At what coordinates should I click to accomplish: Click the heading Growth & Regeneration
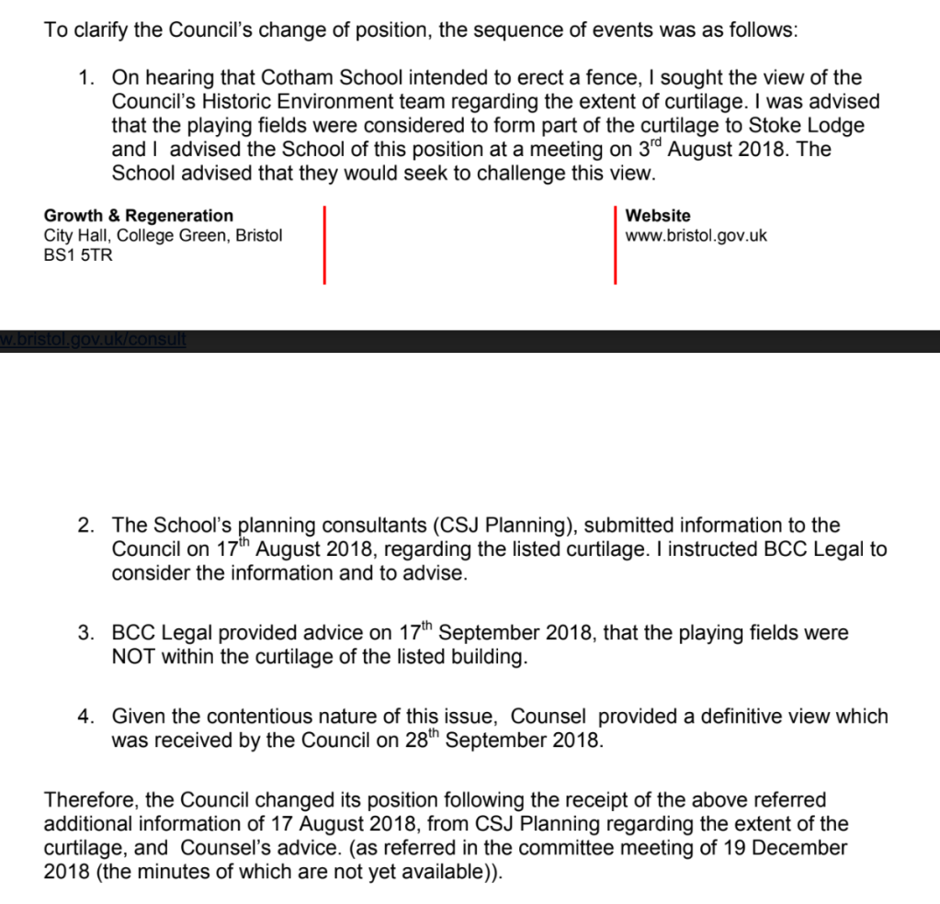(139, 216)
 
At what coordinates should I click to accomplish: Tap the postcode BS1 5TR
(78, 255)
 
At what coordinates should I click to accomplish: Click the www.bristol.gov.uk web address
(696, 235)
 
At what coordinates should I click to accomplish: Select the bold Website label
(658, 216)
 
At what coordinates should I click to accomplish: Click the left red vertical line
(324, 244)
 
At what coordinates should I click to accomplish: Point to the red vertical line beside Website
(615, 244)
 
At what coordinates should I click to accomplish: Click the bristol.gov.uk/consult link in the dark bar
(93, 339)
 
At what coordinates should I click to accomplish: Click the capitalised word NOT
(134, 657)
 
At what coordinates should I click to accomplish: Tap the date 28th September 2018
(504, 740)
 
